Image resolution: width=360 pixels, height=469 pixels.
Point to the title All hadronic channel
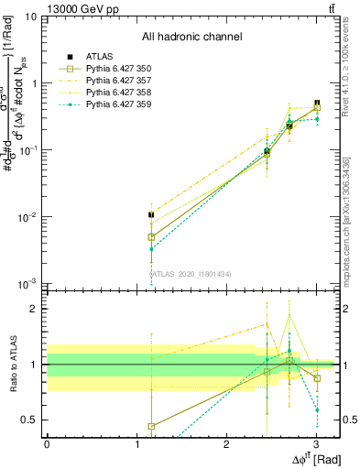[191, 38]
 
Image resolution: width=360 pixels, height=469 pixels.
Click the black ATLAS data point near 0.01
[151, 215]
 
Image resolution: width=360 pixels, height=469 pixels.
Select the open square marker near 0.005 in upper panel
[151, 236]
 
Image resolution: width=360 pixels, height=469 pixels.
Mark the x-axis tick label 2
[226, 443]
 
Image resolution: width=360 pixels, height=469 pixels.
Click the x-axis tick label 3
[316, 443]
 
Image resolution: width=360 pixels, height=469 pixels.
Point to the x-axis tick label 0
[47, 443]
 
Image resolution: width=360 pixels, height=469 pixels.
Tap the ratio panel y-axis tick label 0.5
[30, 420]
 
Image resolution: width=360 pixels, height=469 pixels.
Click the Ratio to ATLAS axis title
[11, 365]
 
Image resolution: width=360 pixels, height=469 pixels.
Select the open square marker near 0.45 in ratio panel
[151, 426]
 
